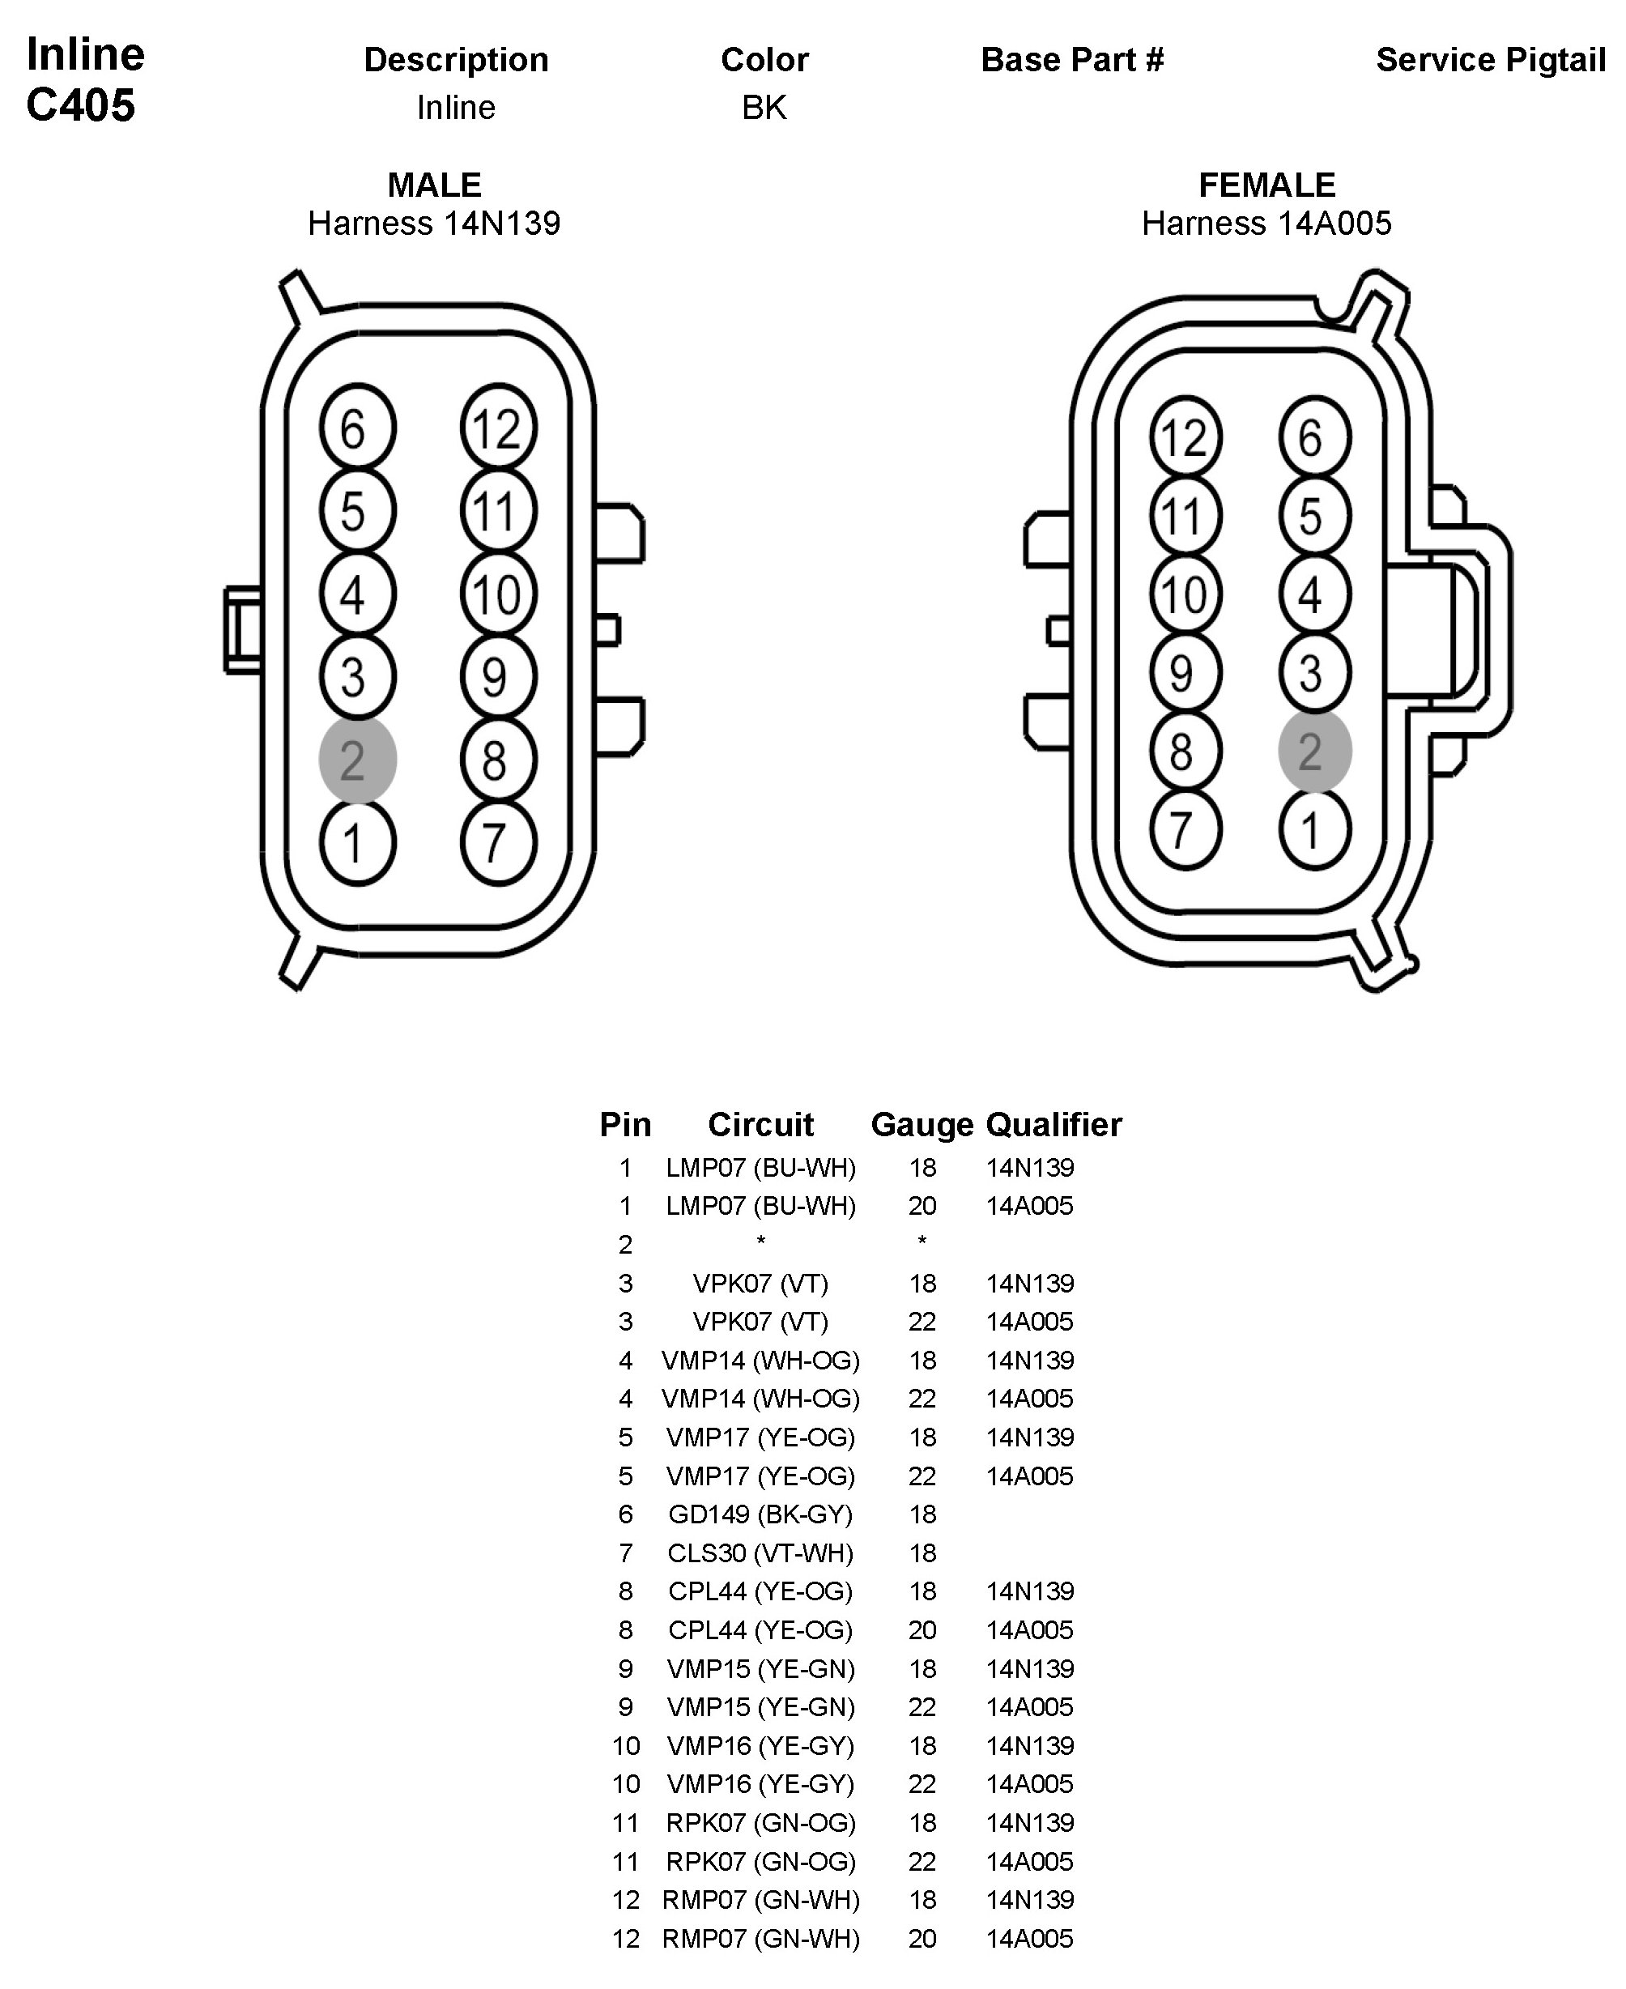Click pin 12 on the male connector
click(498, 428)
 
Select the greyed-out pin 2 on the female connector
click(1314, 752)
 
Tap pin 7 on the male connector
click(498, 842)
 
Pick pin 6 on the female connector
click(1314, 437)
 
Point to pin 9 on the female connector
click(1185, 673)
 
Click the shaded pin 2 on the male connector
click(357, 759)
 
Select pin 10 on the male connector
click(498, 594)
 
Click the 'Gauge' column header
click(922, 1124)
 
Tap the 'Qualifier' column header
click(1053, 1124)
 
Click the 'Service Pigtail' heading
click(1490, 60)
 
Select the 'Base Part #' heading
click(1071, 60)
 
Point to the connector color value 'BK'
click(764, 108)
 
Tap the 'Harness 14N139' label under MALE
click(434, 223)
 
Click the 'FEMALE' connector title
click(1266, 185)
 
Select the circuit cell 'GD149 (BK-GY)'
click(760, 1514)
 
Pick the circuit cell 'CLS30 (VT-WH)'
click(760, 1552)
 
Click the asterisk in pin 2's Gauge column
click(922, 1242)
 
